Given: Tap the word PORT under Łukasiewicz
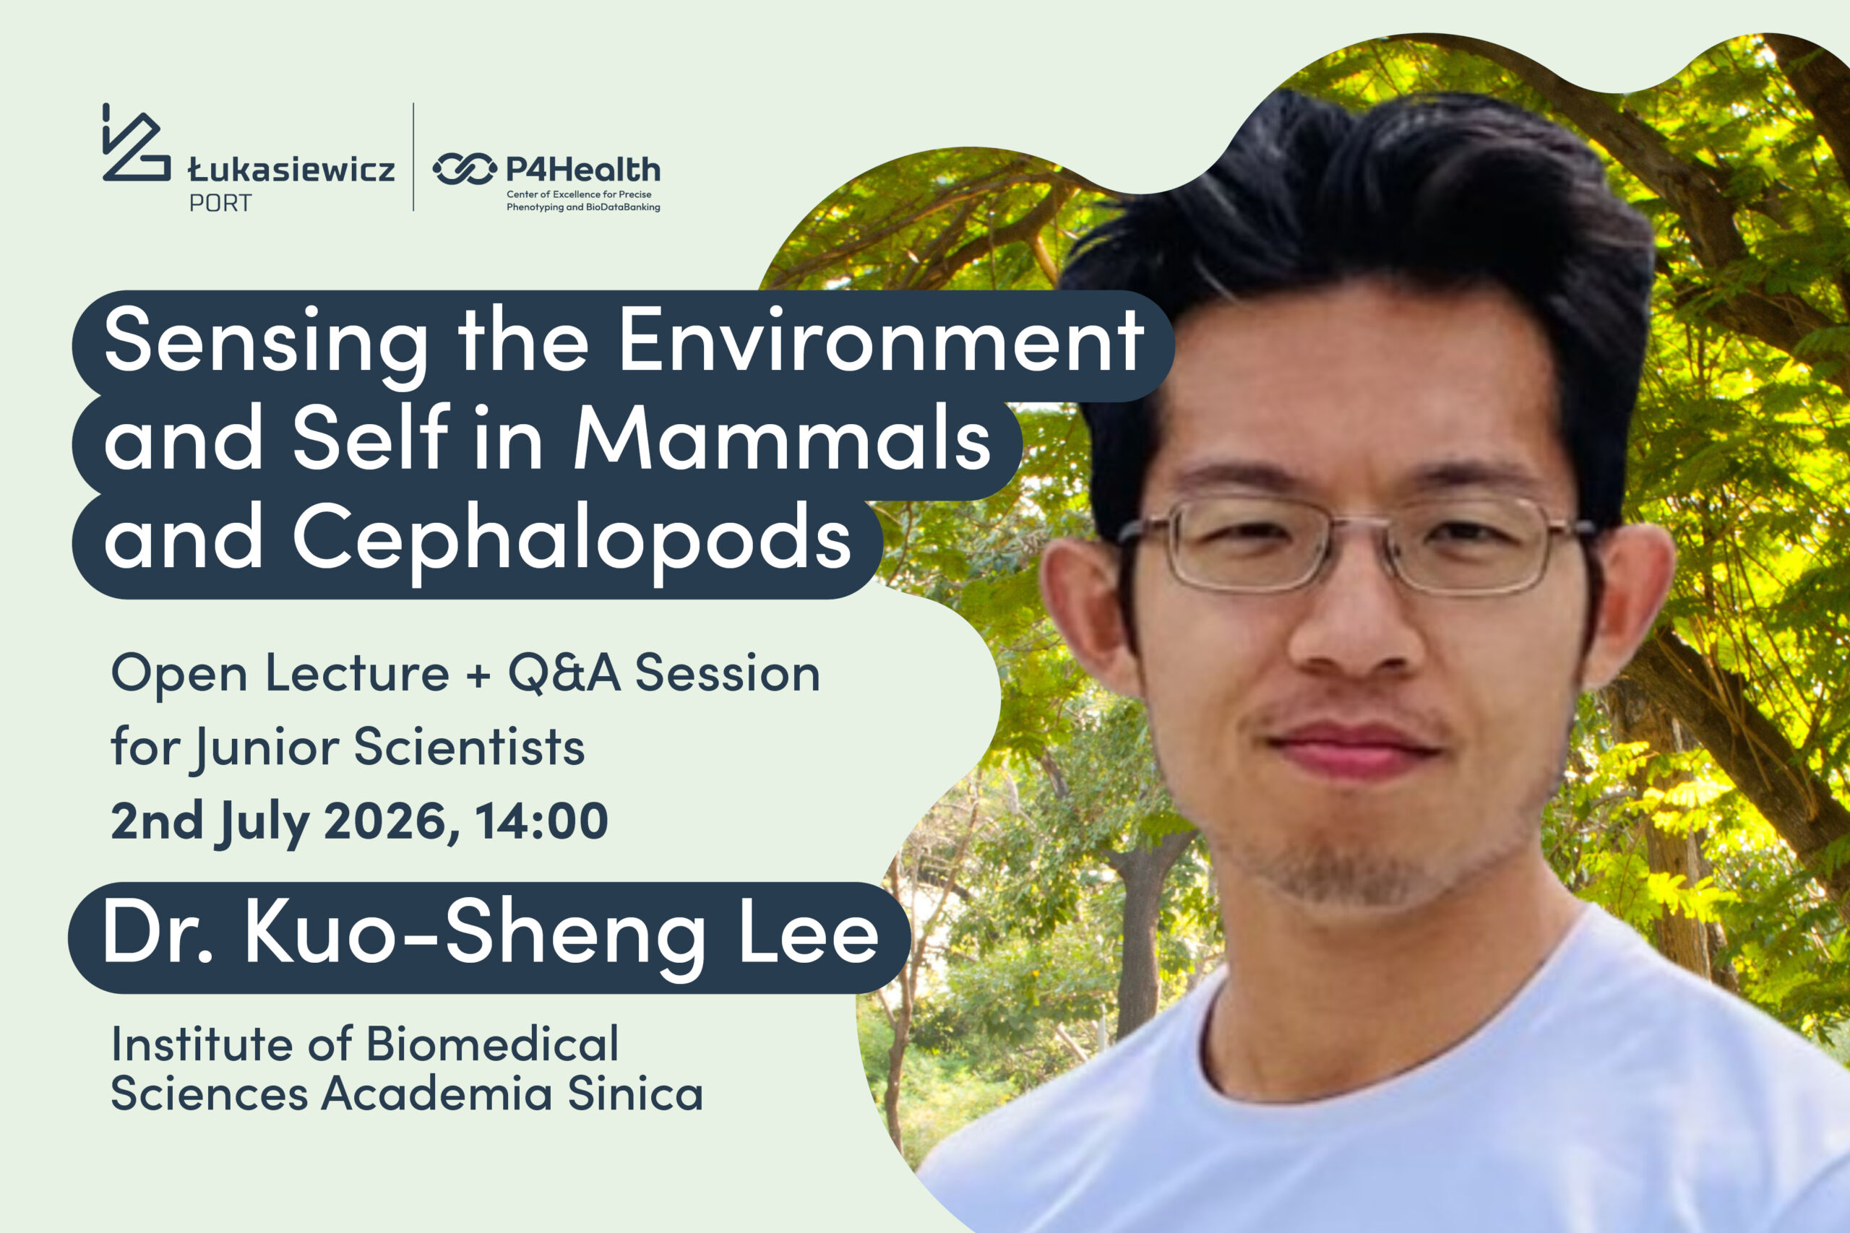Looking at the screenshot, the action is pyautogui.click(x=220, y=204).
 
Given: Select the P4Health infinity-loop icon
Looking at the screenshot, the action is pyautogui.click(x=465, y=169).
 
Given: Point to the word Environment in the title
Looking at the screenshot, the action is pyautogui.click(x=882, y=339).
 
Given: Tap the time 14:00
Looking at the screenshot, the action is pyautogui.click(x=541, y=821).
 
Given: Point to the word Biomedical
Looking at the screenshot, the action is pyautogui.click(x=492, y=1044).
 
